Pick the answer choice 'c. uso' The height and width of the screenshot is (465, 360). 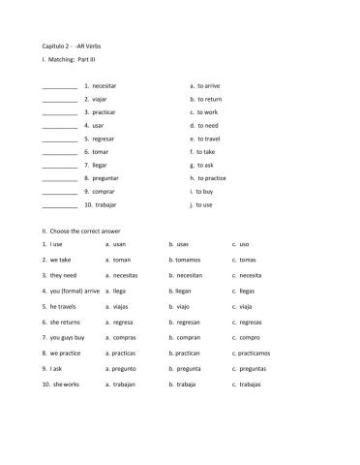(x=241, y=244)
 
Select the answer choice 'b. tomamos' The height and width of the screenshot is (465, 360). (x=185, y=260)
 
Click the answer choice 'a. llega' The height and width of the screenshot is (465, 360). (x=116, y=291)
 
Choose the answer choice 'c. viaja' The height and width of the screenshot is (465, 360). (x=242, y=306)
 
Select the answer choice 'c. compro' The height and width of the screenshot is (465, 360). (x=246, y=337)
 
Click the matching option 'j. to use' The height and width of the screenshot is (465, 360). (x=202, y=205)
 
